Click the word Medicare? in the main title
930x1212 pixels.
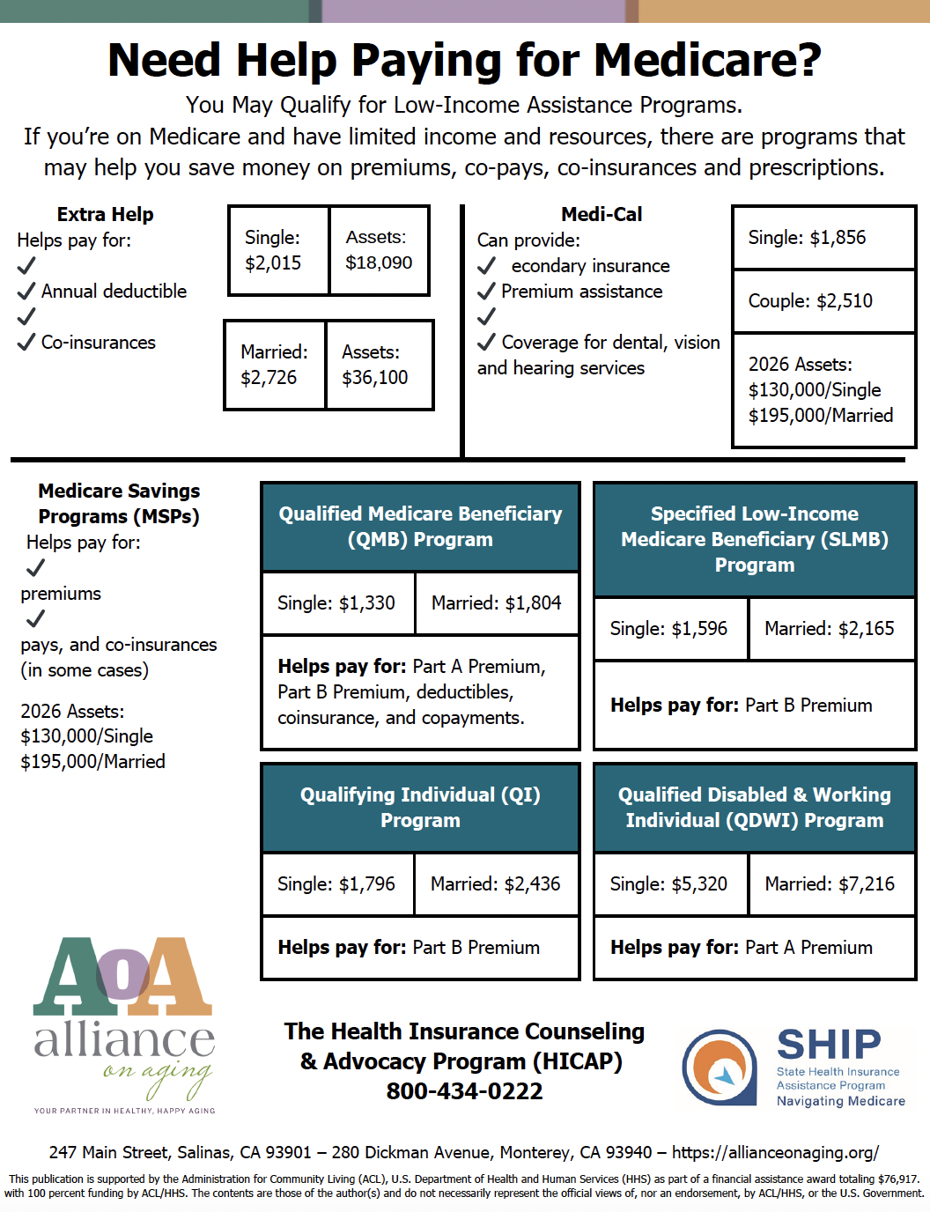point(707,61)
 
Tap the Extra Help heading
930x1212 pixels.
point(105,214)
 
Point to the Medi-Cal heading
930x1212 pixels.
point(602,214)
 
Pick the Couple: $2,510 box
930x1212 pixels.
point(823,301)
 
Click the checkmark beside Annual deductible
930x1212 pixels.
point(26,291)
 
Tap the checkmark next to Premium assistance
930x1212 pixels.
point(486,291)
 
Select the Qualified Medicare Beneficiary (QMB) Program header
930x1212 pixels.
point(420,527)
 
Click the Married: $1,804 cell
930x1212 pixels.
point(497,603)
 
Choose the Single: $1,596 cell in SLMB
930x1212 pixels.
point(670,629)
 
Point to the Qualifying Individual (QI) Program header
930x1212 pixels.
point(420,808)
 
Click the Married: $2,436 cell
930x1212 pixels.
point(496,884)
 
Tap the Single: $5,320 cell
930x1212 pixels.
point(670,884)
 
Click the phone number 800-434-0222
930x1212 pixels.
point(464,1091)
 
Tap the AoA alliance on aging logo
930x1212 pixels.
point(124,1022)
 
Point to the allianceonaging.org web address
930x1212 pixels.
point(775,1152)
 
